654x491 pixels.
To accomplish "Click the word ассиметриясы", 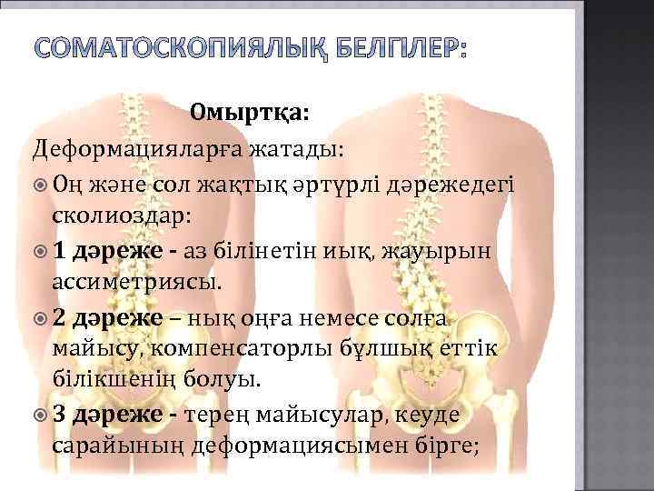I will coord(135,282).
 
